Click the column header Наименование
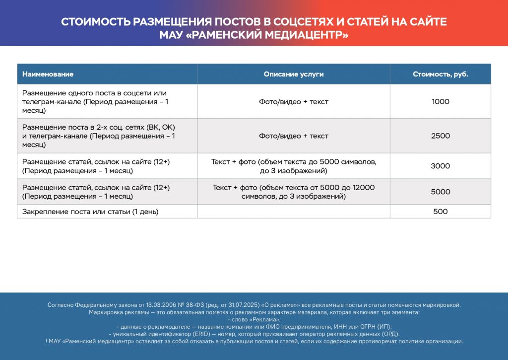pyautogui.click(x=48, y=74)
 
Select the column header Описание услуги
pyautogui.click(x=294, y=74)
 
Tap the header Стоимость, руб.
pyautogui.click(x=441, y=74)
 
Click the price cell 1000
pyautogui.click(x=441, y=102)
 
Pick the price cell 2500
pyautogui.click(x=441, y=136)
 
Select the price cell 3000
pyautogui.click(x=441, y=166)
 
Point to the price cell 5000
pyautogui.click(x=441, y=192)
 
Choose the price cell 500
pyautogui.click(x=441, y=212)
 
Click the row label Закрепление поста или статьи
pyautogui.click(x=90, y=212)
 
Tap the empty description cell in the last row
pyautogui.click(x=294, y=212)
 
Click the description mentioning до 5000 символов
pyautogui.click(x=294, y=166)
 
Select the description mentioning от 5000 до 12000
pyautogui.click(x=294, y=192)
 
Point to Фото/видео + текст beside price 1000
pyautogui.click(x=294, y=102)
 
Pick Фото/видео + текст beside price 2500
pyautogui.click(x=294, y=136)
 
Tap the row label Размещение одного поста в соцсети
pyautogui.click(x=94, y=93)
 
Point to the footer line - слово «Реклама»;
pyautogui.click(x=254, y=320)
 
